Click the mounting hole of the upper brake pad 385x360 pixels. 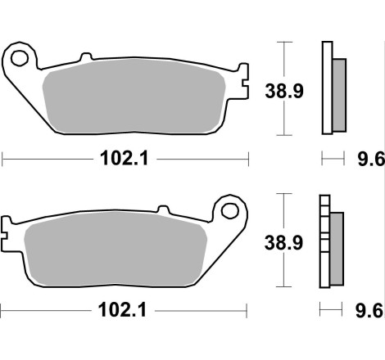22,58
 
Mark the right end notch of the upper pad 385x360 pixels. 241,75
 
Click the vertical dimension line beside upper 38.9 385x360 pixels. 283,88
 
